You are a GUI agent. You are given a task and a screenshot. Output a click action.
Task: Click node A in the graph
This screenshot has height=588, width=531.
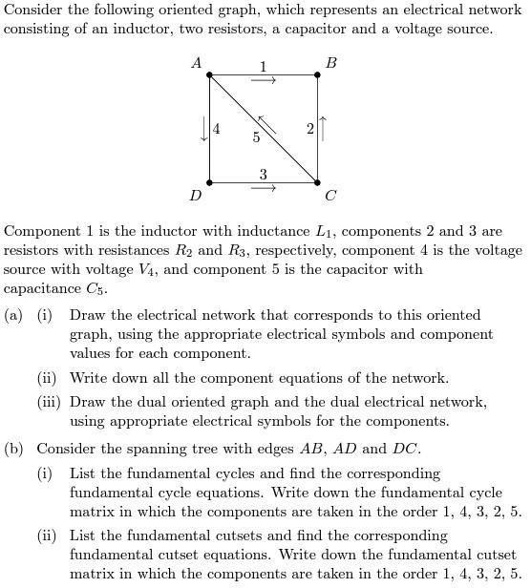(210, 74)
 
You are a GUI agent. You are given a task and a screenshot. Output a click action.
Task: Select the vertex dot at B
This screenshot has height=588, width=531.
(318, 74)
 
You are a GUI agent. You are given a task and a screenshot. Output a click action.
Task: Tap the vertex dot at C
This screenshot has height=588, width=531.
(318, 182)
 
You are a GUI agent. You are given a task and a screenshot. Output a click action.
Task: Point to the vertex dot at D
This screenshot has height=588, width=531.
(210, 182)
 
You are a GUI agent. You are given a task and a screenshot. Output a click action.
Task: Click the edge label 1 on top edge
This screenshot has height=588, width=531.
(264, 66)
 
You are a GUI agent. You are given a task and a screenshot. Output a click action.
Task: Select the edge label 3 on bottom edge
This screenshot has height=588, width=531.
(264, 174)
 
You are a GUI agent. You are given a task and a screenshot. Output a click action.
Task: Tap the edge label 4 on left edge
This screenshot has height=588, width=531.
(218, 129)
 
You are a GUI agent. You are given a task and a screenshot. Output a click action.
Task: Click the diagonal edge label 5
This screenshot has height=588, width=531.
(256, 137)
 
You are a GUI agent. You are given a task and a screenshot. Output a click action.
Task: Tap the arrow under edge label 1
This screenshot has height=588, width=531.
(264, 81)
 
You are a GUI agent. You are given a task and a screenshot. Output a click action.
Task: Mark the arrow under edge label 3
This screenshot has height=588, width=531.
(264, 189)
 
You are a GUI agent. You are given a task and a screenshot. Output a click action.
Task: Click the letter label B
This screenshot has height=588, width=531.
(330, 63)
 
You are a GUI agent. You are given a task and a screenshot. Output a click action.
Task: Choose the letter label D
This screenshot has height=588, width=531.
(196, 196)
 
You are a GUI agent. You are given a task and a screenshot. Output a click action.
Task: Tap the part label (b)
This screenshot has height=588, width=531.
(14, 449)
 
